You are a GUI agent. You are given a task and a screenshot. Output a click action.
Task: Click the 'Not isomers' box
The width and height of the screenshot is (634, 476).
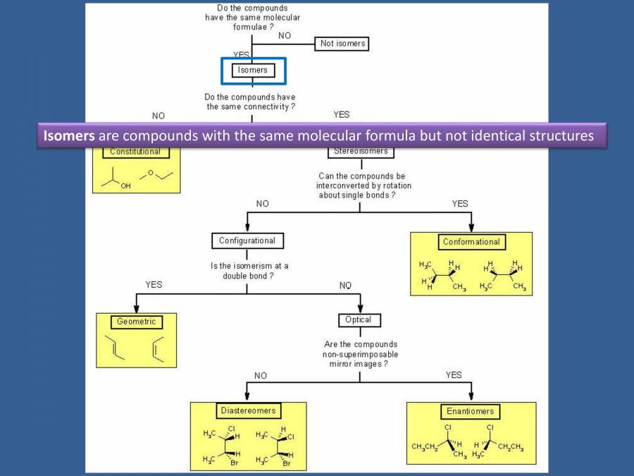point(343,44)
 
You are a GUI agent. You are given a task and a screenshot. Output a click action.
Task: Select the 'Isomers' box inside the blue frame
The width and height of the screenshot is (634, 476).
point(252,70)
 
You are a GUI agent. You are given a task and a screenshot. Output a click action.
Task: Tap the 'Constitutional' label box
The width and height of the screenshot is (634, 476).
point(135,152)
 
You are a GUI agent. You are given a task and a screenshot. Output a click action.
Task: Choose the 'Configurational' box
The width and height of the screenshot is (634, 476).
point(247,240)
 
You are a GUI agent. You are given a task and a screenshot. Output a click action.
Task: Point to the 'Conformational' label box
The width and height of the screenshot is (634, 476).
point(471,242)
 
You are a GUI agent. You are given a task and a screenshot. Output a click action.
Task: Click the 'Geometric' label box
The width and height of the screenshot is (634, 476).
point(135,322)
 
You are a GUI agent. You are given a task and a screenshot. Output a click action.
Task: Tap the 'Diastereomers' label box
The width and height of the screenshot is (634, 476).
point(247,410)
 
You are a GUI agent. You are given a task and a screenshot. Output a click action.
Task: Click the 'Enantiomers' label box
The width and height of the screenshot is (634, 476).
point(471,411)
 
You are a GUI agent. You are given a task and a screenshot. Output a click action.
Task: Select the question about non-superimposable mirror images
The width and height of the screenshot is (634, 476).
point(359,354)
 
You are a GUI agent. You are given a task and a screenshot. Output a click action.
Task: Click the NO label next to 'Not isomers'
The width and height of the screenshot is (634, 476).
point(285,35)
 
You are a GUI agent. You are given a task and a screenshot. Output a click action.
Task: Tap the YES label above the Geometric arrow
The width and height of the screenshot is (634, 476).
point(154,284)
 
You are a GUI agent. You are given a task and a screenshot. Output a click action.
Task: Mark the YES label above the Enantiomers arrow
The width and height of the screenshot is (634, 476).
point(454,375)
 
